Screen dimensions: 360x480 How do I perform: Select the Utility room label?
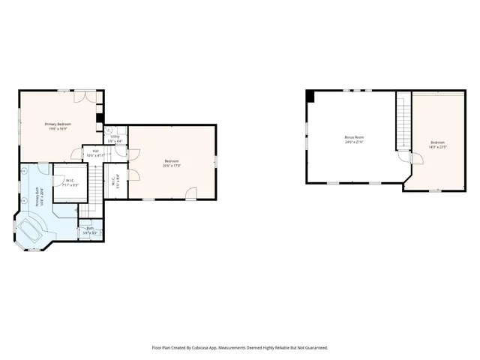[115, 136]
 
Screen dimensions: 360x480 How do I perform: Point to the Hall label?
[95, 151]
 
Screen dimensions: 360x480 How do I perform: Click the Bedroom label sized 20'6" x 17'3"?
[172, 160]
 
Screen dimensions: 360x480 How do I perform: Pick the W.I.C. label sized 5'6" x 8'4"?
[113, 179]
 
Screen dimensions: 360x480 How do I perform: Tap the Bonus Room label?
[353, 137]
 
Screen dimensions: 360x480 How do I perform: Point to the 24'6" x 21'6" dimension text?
[353, 142]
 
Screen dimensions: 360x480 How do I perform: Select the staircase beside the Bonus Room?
[403, 124]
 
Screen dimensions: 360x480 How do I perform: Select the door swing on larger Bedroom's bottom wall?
[192, 193]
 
